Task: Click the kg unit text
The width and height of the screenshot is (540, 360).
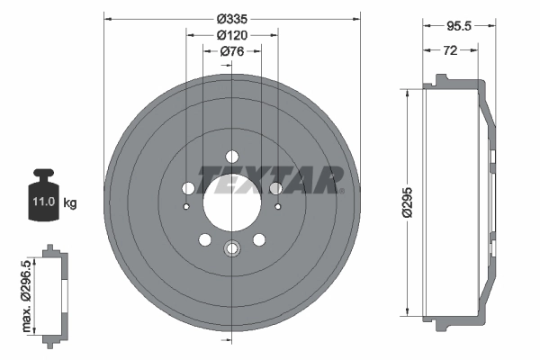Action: (x=69, y=203)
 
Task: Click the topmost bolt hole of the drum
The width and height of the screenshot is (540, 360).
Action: (x=231, y=154)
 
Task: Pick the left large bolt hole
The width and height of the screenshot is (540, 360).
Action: (x=188, y=188)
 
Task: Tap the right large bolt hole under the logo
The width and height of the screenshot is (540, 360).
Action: (x=276, y=188)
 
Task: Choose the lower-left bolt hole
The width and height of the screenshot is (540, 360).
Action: (x=204, y=239)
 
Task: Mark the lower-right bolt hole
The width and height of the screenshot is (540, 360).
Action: (x=258, y=239)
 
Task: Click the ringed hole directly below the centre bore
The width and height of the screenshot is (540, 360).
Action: (x=231, y=249)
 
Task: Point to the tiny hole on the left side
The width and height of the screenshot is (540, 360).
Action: (x=185, y=208)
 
